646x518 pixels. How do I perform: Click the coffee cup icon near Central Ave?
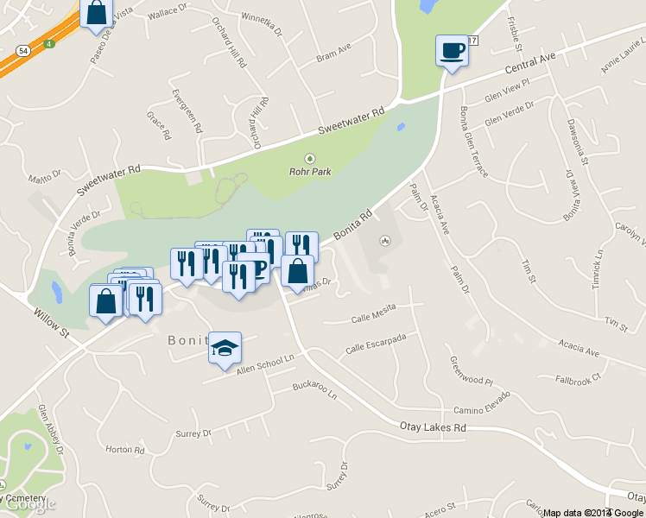[x=452, y=50]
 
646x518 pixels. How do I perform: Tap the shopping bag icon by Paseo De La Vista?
[x=97, y=13]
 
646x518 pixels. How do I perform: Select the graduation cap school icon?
[x=225, y=348]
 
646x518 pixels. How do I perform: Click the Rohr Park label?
[x=310, y=171]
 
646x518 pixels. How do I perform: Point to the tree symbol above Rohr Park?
[x=310, y=158]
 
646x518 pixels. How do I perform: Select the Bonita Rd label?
[x=353, y=224]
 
